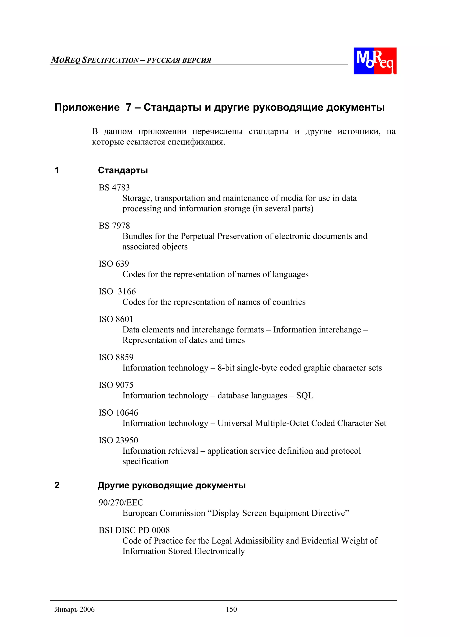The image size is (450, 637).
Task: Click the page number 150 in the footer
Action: [231, 609]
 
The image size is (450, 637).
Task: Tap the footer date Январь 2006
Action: [74, 609]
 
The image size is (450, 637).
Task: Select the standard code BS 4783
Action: [114, 188]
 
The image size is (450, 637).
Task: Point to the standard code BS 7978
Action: [114, 226]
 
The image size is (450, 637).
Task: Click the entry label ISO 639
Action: [114, 264]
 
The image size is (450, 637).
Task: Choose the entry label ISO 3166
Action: [117, 291]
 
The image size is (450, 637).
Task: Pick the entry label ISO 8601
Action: [116, 319]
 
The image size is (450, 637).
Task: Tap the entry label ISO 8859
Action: [116, 357]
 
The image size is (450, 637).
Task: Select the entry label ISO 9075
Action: [116, 385]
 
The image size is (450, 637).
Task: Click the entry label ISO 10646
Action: [118, 412]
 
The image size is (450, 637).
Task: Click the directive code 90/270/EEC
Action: [121, 502]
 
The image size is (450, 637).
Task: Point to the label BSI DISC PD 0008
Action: [134, 530]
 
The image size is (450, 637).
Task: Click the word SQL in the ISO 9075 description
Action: [305, 395]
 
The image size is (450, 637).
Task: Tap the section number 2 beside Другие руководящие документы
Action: [57, 485]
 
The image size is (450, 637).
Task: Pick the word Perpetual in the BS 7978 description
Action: [198, 236]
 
